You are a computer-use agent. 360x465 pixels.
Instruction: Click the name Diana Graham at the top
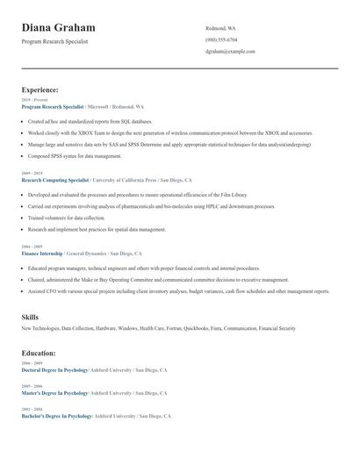pyautogui.click(x=59, y=28)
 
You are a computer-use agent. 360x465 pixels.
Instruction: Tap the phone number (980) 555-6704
pyautogui.click(x=221, y=39)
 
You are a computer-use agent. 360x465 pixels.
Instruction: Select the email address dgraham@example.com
pyautogui.click(x=230, y=51)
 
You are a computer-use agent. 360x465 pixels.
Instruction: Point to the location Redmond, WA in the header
pyautogui.click(x=220, y=28)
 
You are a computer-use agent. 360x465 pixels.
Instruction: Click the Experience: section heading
pyautogui.click(x=40, y=89)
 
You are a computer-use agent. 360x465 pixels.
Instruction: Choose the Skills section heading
pyautogui.click(x=30, y=316)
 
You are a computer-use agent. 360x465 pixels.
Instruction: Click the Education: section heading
pyautogui.click(x=39, y=353)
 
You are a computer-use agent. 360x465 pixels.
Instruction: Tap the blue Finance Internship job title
pyautogui.click(x=41, y=253)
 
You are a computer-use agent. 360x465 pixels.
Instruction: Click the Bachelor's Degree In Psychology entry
pyautogui.click(x=56, y=416)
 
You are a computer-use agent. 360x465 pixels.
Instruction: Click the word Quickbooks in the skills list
pyautogui.click(x=199, y=328)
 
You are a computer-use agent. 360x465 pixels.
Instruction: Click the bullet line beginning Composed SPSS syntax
pyautogui.click(x=75, y=155)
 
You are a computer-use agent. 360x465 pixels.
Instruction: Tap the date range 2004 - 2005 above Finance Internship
pyautogui.click(x=32, y=247)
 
